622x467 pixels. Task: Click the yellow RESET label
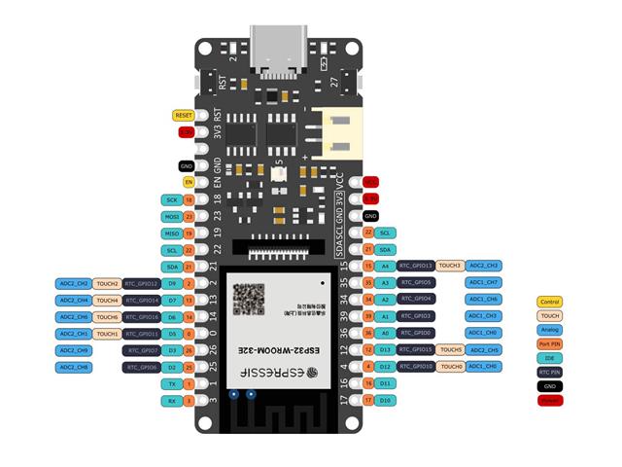[x=184, y=115]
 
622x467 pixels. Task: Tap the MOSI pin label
[x=172, y=216]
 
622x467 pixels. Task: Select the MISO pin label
[x=172, y=233]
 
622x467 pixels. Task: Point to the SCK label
[x=172, y=198]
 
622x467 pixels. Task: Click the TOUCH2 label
[x=107, y=283]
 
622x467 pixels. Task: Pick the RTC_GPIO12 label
[x=142, y=283]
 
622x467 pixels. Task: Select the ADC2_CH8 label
[x=74, y=367]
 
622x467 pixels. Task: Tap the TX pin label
[x=172, y=383]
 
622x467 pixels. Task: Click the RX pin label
[x=172, y=400]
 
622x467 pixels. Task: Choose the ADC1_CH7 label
[x=483, y=282]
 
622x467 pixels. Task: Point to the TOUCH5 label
[x=450, y=349]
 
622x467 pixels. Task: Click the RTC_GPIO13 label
[x=416, y=266]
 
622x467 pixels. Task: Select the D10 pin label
[x=385, y=400]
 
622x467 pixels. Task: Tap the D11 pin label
[x=385, y=383]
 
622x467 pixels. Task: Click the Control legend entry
[x=550, y=303]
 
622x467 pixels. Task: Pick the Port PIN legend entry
[x=550, y=343]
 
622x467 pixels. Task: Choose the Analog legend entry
[x=550, y=330]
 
